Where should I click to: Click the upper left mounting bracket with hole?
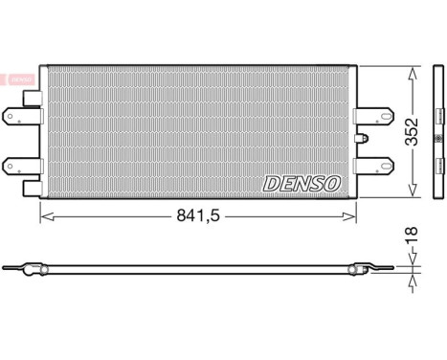pyautogui.click(x=20, y=117)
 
